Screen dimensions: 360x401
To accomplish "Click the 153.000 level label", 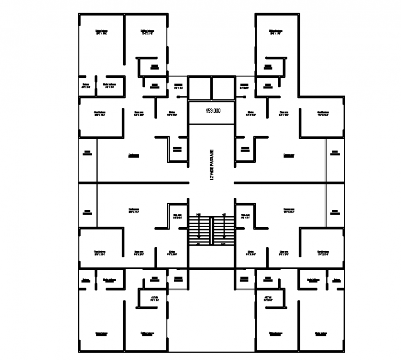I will click(212, 111).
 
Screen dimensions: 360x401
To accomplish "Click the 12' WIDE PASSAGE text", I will click(212, 165).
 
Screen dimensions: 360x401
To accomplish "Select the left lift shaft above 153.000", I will click(200, 87).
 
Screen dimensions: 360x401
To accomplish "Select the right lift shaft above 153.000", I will click(223, 87).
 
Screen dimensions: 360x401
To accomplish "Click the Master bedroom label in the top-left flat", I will click(101, 33).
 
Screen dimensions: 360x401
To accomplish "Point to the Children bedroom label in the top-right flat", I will click(276, 33).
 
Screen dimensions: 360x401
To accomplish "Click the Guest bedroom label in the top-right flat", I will click(323, 113).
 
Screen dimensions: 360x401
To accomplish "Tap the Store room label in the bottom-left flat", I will click(177, 216).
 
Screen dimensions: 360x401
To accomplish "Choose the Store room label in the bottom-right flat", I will click(245, 216).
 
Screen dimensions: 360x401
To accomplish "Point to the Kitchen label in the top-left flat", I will click(172, 113).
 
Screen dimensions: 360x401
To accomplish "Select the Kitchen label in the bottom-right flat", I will click(251, 253).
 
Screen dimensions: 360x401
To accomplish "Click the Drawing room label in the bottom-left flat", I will click(134, 211).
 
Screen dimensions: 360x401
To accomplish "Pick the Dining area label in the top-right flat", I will click(283, 113).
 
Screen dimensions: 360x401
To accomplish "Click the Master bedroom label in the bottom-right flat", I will click(321, 333).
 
